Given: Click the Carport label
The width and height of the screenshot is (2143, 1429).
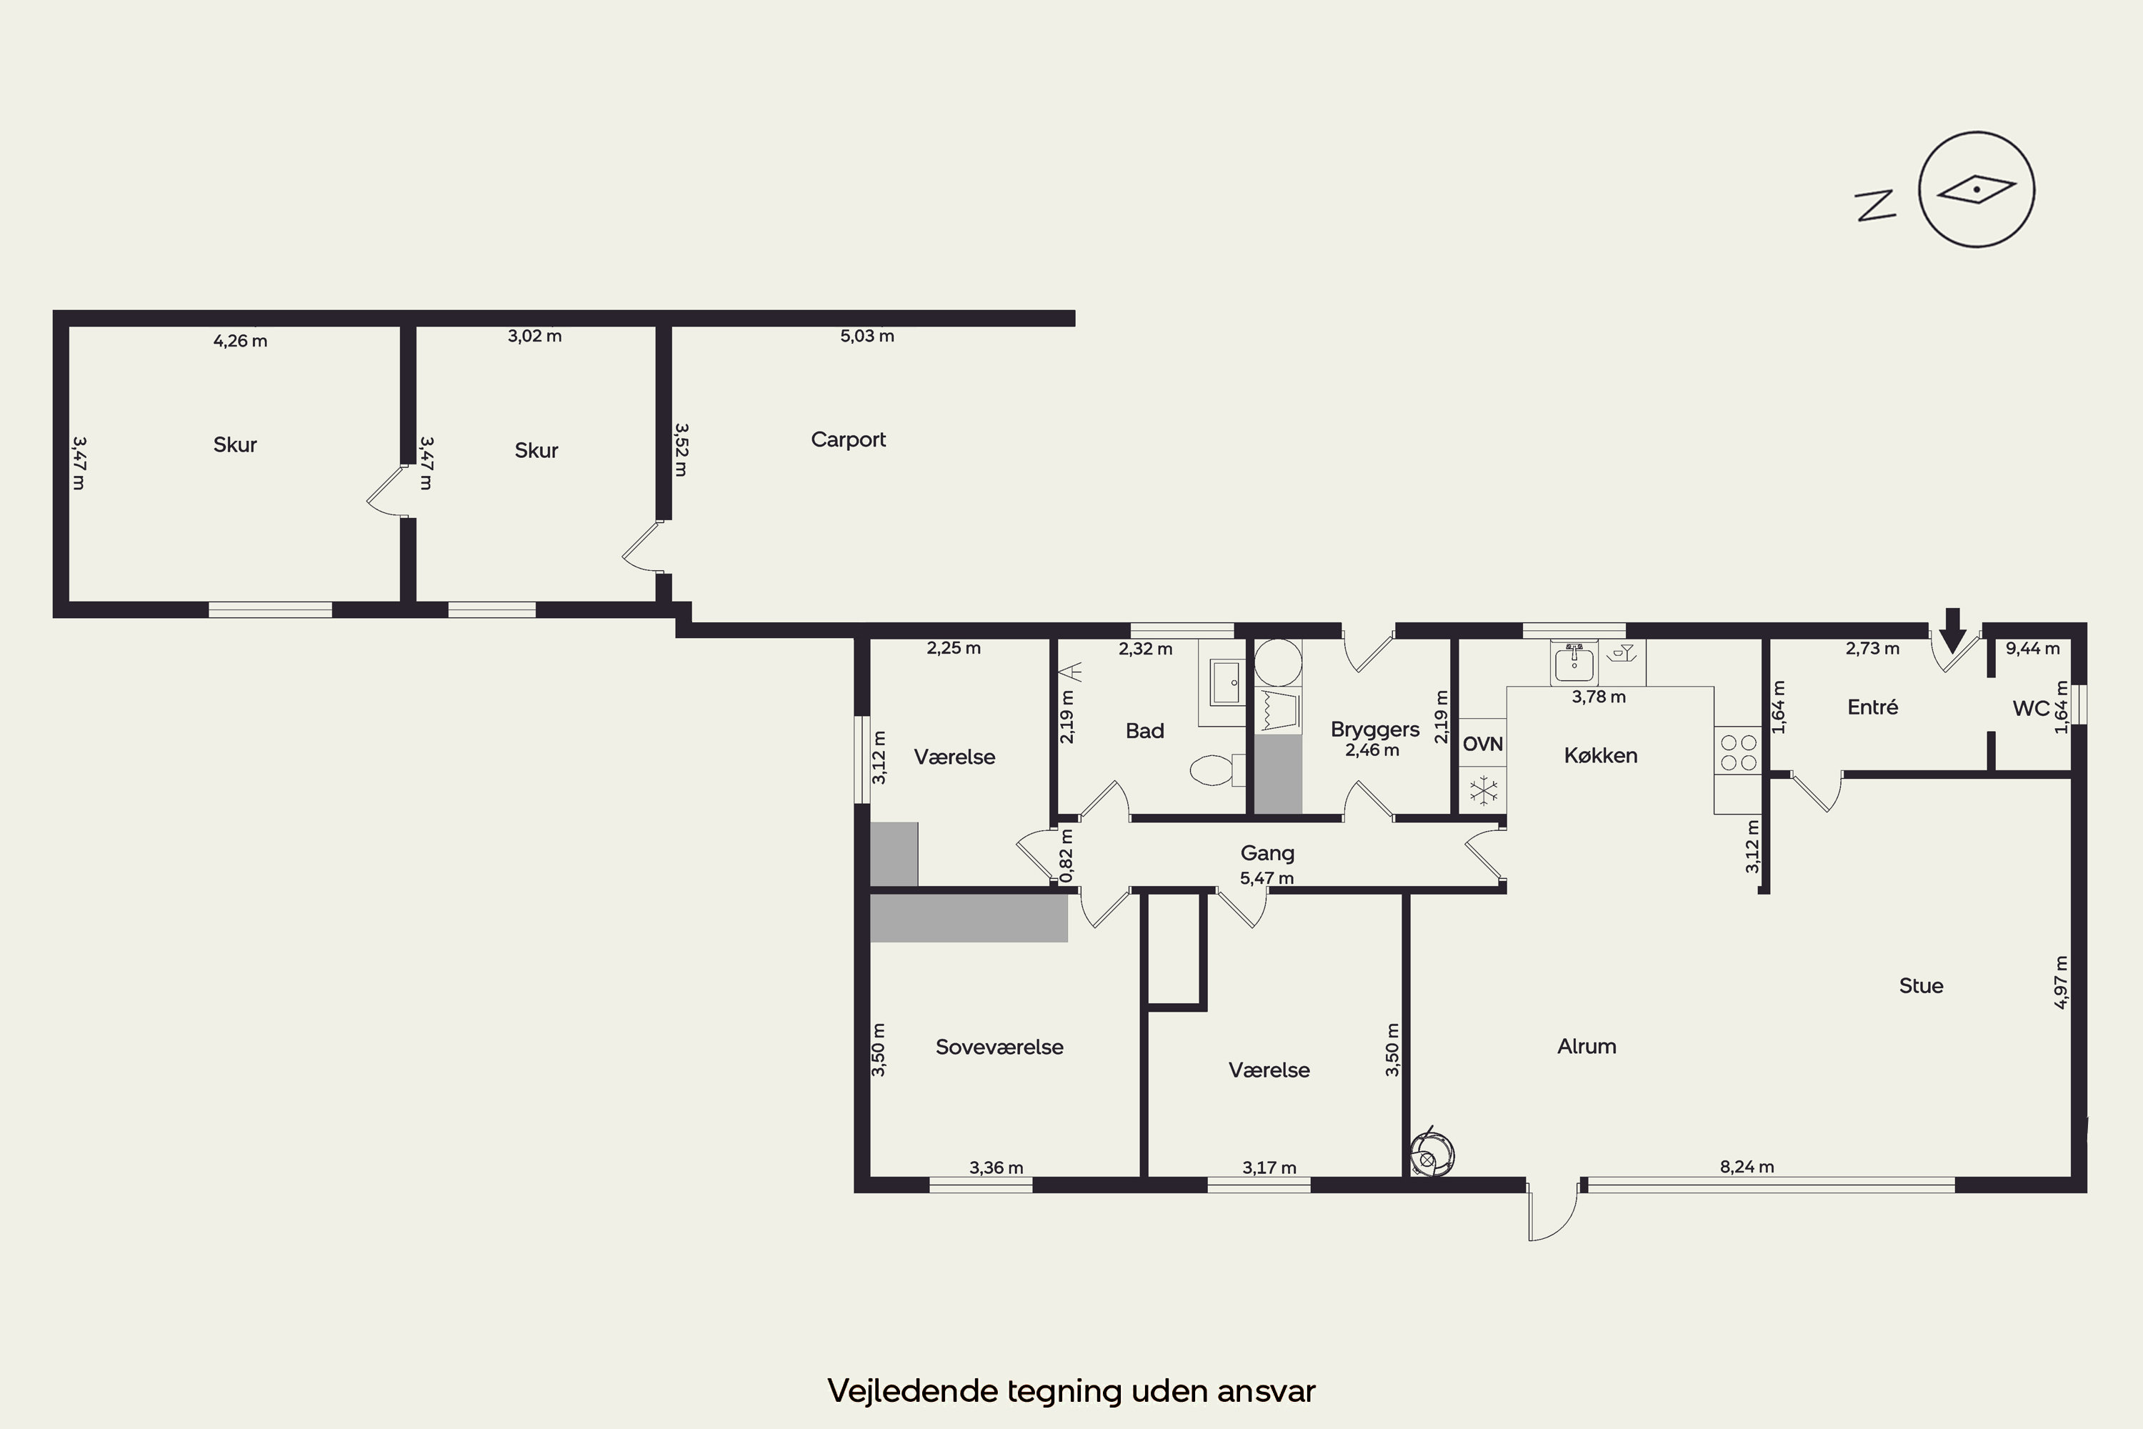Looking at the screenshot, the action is pyautogui.click(x=849, y=439).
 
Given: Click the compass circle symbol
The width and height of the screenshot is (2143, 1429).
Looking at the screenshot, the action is pyautogui.click(x=1977, y=189).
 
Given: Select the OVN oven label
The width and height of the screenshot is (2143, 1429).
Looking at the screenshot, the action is pyautogui.click(x=1482, y=744).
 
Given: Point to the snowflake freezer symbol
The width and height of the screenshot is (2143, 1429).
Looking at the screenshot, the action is pyautogui.click(x=1484, y=790).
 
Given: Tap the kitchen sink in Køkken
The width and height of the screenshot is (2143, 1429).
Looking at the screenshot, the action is pyautogui.click(x=1574, y=662).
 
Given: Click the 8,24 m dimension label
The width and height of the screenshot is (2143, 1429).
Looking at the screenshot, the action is pyautogui.click(x=1747, y=1167).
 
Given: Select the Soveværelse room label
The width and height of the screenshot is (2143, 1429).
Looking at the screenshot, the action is pyautogui.click(x=999, y=1047).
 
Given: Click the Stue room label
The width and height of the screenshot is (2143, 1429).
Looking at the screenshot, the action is pyautogui.click(x=1921, y=985).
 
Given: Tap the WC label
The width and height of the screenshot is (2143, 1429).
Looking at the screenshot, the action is pyautogui.click(x=2031, y=708).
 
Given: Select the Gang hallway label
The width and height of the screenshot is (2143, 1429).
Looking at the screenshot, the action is pyautogui.click(x=1267, y=853).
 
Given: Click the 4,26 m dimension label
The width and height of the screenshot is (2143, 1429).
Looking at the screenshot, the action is pyautogui.click(x=241, y=341).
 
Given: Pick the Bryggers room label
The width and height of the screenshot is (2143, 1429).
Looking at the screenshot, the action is pyautogui.click(x=1375, y=729).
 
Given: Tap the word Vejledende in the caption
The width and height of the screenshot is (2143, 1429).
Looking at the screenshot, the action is pyautogui.click(x=912, y=1390).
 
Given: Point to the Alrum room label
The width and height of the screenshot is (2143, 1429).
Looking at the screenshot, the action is pyautogui.click(x=1587, y=1046).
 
